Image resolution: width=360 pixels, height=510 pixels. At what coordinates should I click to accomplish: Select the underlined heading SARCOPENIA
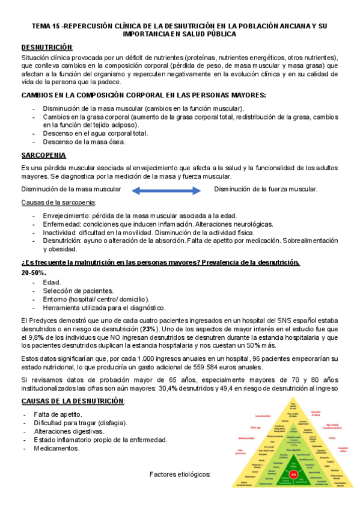(43, 155)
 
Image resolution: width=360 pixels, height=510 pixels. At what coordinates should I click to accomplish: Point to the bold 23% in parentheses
(148, 330)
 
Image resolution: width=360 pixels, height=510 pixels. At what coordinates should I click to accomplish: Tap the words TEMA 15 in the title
(46, 26)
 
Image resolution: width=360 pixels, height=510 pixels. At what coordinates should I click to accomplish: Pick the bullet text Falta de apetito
(58, 398)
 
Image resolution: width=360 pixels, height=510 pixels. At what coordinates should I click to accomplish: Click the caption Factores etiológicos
(180, 475)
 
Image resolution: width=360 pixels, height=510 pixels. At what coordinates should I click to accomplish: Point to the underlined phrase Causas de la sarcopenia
(54, 203)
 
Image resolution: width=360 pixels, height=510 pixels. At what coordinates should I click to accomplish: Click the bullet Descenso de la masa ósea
(84, 142)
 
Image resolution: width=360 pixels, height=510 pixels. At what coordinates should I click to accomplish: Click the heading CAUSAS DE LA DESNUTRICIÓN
(73, 384)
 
